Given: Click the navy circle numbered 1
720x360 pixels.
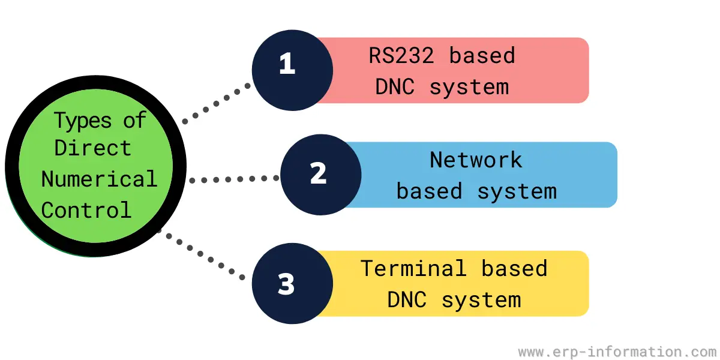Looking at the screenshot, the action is [x=293, y=70].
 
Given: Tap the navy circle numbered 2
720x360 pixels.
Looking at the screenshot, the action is [x=321, y=175].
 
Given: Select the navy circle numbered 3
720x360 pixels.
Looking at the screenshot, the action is [x=293, y=283].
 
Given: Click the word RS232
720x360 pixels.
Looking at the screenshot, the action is [x=401, y=56].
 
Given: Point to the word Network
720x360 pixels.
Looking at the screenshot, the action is [x=476, y=160].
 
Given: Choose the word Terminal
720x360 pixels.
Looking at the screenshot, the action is [x=413, y=268].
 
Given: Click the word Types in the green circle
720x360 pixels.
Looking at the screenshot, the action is [x=83, y=121].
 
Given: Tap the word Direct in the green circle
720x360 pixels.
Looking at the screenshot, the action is [x=93, y=148].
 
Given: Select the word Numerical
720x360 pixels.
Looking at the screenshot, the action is [x=100, y=179].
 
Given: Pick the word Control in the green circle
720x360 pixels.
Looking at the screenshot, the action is [x=86, y=210].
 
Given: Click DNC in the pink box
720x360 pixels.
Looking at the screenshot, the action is [x=395, y=87].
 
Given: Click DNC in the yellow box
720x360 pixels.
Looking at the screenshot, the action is [x=407, y=300].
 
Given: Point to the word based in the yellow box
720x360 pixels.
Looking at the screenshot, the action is [x=514, y=268].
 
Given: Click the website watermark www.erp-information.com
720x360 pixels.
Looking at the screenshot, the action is [x=617, y=352].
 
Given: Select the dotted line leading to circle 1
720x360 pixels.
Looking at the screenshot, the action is [x=217, y=103].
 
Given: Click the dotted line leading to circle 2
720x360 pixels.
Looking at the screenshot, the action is [x=234, y=179].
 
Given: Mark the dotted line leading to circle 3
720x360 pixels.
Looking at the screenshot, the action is [x=200, y=254].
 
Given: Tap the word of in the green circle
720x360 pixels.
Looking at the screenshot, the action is [x=134, y=120].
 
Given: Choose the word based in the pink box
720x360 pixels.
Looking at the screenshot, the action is [x=482, y=56].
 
